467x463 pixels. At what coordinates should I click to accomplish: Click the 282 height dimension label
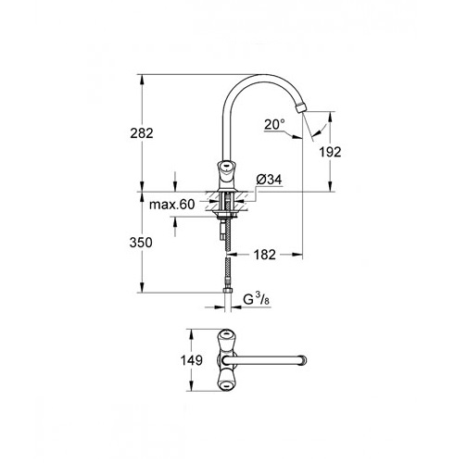[x=142, y=133]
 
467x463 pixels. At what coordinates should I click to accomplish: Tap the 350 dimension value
[x=141, y=243]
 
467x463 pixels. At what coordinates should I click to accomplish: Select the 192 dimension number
[x=330, y=152]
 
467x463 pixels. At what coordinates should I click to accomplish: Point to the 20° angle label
[x=274, y=124]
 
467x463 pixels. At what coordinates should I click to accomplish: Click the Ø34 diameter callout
[x=269, y=180]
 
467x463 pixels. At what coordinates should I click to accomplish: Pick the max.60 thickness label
[x=172, y=205]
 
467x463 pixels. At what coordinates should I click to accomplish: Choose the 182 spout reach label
[x=265, y=255]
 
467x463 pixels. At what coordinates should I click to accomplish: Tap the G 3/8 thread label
[x=256, y=299]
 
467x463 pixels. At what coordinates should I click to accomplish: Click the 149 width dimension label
[x=192, y=360]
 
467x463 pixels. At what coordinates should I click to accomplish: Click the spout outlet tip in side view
[x=301, y=108]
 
